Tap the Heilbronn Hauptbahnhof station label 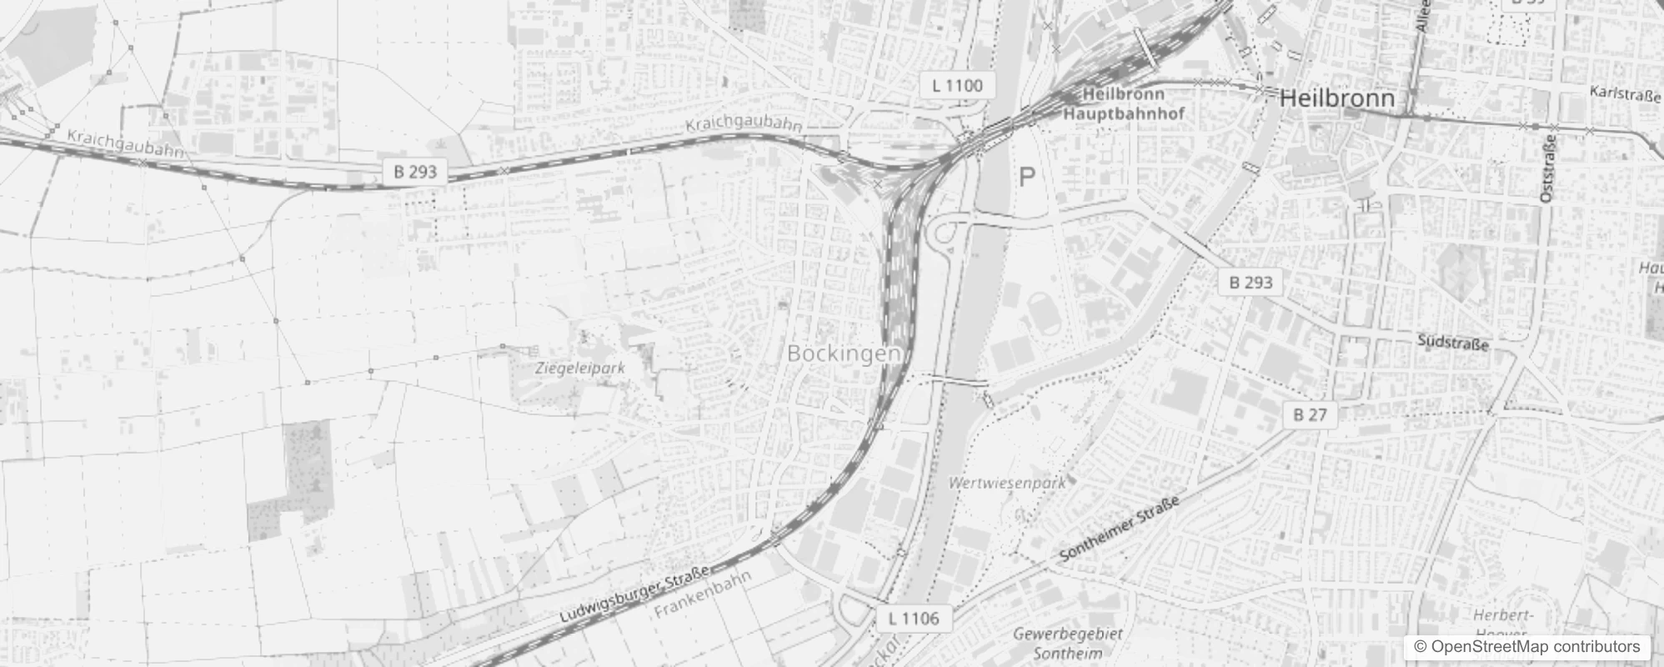[1124, 104]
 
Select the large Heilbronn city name [1336, 98]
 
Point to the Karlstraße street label [1625, 93]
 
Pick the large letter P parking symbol [1027, 177]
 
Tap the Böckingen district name [843, 354]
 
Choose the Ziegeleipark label [580, 367]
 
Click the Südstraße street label [1453, 342]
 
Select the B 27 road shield [1310, 414]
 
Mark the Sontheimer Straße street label [1119, 530]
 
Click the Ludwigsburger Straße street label [635, 595]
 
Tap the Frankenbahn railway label [703, 594]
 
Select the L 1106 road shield [914, 618]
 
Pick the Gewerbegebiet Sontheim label [1068, 644]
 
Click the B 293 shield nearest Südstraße [1251, 282]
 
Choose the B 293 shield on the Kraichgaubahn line [415, 172]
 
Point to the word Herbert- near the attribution [1503, 615]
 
